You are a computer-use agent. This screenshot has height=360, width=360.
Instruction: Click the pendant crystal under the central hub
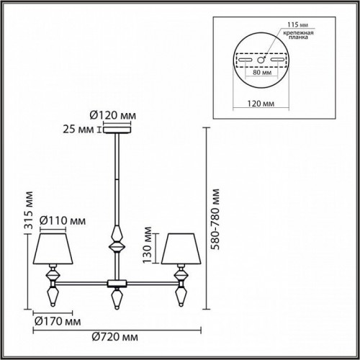[115, 297]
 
